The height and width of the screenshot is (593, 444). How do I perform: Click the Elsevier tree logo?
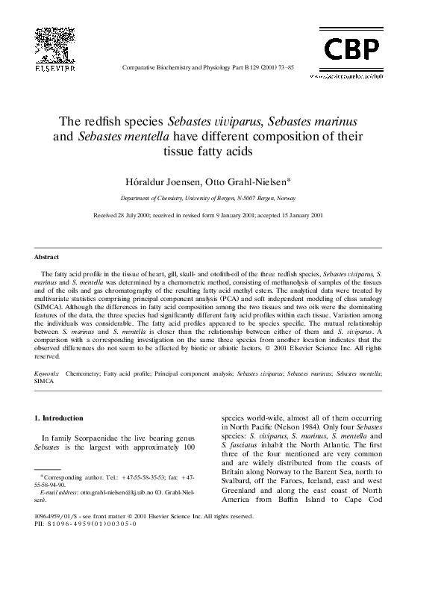click(54, 42)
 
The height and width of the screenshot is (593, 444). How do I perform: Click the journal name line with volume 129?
click(207, 66)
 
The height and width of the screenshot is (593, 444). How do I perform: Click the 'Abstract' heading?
click(48, 257)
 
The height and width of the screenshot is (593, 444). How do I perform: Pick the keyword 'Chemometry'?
click(83, 371)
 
